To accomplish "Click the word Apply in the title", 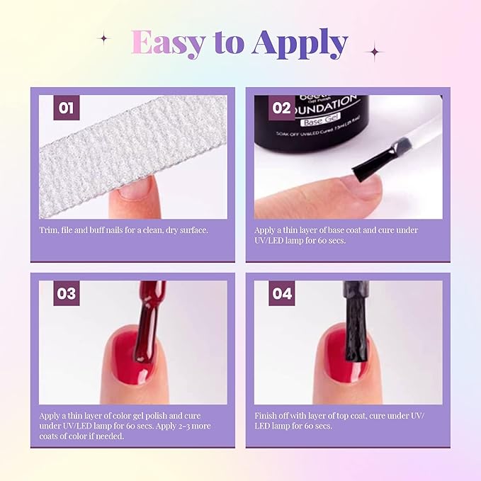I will [x=300, y=44].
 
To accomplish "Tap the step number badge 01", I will [x=66, y=108].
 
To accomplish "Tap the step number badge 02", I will [x=281, y=108].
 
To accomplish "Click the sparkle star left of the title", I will [x=103, y=38].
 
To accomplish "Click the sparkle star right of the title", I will [x=373, y=51].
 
